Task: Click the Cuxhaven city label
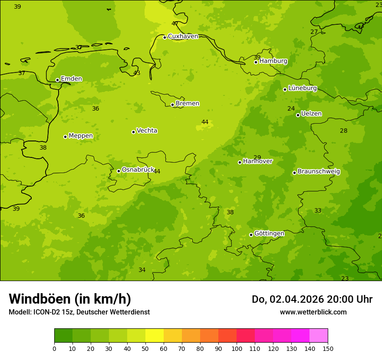183,36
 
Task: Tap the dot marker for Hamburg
256,62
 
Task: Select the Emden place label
71,79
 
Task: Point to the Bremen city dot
172,105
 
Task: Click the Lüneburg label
303,88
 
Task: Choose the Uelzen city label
311,114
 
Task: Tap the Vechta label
147,131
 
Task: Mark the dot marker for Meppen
65,137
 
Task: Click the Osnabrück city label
138,170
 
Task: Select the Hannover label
258,161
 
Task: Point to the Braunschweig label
319,172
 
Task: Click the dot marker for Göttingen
251,235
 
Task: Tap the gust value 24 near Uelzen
291,109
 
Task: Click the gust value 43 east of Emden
137,73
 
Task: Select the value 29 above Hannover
257,158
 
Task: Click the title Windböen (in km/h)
70,299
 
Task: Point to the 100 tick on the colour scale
237,348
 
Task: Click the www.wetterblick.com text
313,312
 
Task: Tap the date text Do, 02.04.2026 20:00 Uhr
312,299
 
